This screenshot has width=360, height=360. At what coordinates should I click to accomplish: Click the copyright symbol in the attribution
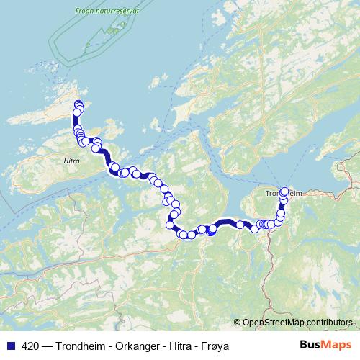(238, 322)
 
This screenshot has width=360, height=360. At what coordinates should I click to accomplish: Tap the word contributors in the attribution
(328, 322)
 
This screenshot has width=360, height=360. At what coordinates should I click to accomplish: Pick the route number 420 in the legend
(31, 346)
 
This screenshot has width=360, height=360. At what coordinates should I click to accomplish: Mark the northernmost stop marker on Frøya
(78, 105)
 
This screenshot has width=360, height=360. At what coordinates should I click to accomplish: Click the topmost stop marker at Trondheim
(284, 192)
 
